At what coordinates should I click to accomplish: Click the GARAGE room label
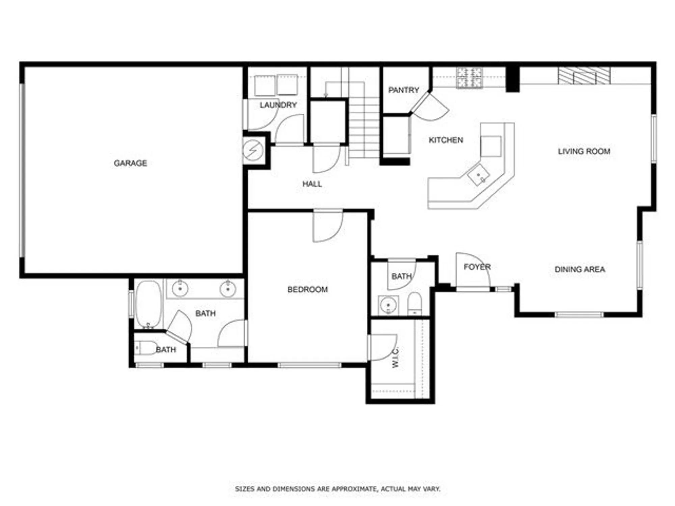130,163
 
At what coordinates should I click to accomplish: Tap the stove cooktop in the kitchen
469,78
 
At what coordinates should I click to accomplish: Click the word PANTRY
404,90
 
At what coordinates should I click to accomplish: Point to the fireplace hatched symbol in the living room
584,76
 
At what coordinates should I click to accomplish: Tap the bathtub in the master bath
148,304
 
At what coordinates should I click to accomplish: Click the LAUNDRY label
278,105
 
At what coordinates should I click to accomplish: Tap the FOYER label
477,267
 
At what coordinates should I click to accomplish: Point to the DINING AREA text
580,270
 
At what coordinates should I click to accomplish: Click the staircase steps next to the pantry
364,128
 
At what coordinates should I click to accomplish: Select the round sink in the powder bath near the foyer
388,305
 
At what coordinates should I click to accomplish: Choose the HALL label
312,184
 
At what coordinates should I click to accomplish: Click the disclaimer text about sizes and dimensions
337,489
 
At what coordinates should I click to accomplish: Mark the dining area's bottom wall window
579,315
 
